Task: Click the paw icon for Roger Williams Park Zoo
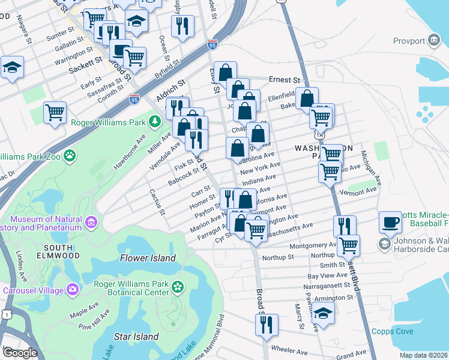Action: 71,155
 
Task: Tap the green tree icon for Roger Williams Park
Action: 155,122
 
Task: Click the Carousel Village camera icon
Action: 73,289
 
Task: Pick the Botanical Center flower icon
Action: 177,287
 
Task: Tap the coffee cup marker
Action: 390,221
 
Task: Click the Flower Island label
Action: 148,258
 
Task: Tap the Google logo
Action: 20,353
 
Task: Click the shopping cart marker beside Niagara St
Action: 55,112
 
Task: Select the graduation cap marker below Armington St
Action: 324,313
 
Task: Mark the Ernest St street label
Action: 284,79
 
